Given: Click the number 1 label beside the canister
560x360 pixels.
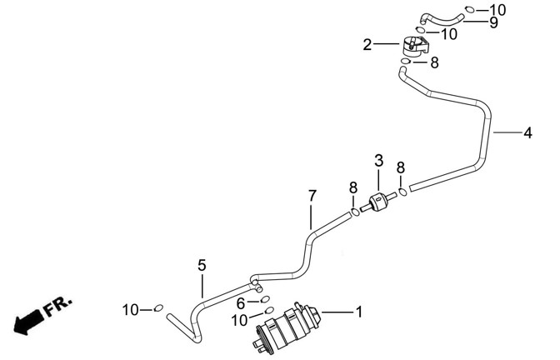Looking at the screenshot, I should point(359,313).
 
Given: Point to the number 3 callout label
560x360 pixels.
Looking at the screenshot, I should point(378,161).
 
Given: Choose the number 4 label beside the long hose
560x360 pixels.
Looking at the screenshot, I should point(527,132).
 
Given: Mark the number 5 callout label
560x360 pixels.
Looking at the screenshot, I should point(202,265).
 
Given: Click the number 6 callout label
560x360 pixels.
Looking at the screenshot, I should point(241,302).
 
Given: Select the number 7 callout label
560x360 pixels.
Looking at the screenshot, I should point(312,197).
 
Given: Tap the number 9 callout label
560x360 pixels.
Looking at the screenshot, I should point(493,22).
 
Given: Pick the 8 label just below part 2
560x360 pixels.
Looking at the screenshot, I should point(433,62).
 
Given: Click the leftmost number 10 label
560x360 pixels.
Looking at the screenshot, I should point(131,309).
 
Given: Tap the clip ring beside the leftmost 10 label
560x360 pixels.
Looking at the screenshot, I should point(157,309).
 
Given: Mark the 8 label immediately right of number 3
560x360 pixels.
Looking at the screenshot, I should point(401,167).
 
